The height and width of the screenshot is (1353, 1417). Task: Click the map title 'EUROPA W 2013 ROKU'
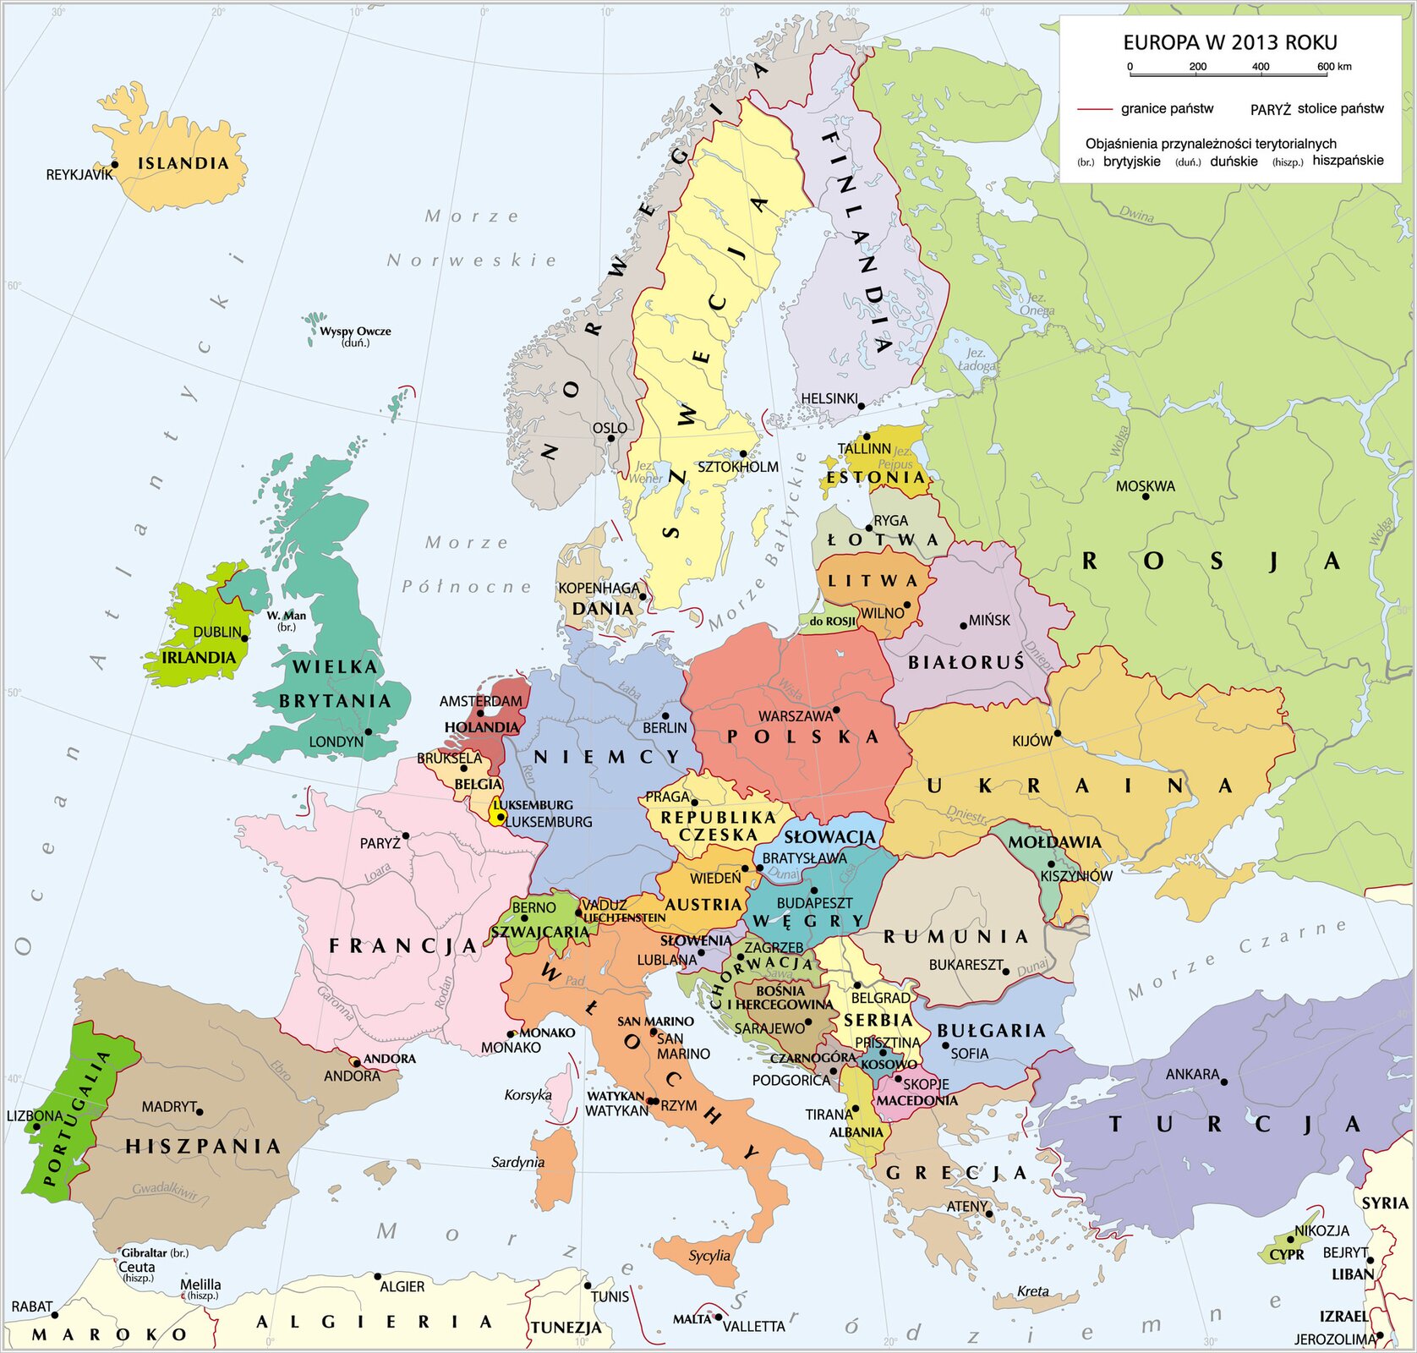click(x=1229, y=42)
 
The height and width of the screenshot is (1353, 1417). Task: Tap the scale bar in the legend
click(x=1228, y=76)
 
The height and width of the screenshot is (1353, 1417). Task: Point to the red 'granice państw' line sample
click(x=1095, y=109)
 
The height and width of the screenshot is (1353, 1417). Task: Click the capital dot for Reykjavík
click(x=115, y=165)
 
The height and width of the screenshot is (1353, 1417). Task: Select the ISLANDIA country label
click(x=183, y=163)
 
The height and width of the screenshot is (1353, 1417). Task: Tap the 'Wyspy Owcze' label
click(x=355, y=331)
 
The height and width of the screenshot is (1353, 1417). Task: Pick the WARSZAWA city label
click(x=795, y=716)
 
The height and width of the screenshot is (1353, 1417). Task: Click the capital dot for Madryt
click(x=200, y=1111)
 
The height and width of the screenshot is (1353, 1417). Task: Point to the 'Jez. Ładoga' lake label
click(x=977, y=359)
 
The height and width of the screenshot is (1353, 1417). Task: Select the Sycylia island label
click(x=709, y=1255)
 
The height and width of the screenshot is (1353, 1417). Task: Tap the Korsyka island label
click(x=528, y=1095)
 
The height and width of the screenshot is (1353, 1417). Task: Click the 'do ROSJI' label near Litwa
click(x=832, y=622)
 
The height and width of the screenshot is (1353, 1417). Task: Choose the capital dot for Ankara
click(x=1223, y=1082)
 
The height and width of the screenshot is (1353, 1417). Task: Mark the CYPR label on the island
click(x=1287, y=1255)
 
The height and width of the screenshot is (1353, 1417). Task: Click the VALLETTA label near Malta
click(x=753, y=1326)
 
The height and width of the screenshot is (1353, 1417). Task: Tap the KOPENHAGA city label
click(x=599, y=588)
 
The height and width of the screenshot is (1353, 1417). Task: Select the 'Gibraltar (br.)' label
click(x=155, y=1252)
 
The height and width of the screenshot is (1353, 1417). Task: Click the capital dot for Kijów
click(x=1057, y=733)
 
